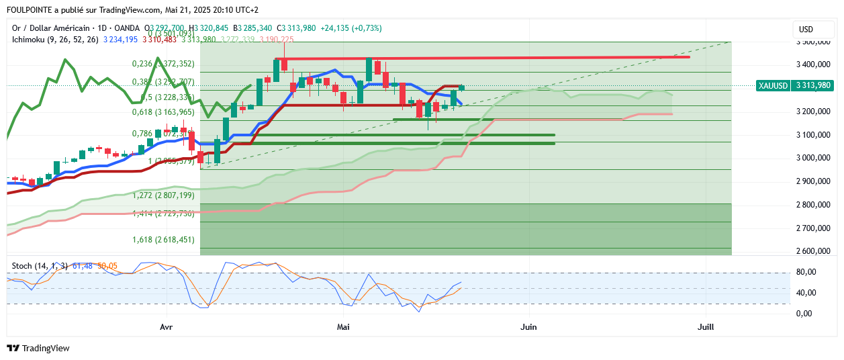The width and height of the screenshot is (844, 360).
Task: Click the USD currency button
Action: pos(806,30)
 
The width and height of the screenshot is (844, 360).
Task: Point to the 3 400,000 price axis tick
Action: pos(810,65)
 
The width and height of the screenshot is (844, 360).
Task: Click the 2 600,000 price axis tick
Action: pos(810,251)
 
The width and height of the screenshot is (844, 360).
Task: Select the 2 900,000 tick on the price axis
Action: pos(810,181)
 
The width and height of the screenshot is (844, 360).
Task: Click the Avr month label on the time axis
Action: pos(167,327)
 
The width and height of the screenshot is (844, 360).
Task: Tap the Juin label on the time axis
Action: pos(529,327)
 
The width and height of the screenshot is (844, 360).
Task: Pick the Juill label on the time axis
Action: pos(706,327)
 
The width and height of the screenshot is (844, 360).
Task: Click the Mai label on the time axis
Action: pos(344,327)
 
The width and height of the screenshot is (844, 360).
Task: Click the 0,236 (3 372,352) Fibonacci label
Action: pos(162,64)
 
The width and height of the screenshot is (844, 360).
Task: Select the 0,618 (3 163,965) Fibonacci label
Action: pos(162,112)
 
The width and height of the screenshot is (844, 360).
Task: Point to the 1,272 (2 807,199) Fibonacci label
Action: pos(162,195)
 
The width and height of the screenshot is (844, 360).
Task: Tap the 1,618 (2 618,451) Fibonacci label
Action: pos(162,239)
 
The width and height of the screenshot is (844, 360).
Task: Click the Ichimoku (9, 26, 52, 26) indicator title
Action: pos(55,40)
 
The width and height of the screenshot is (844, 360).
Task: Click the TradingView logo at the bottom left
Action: pos(38,348)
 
